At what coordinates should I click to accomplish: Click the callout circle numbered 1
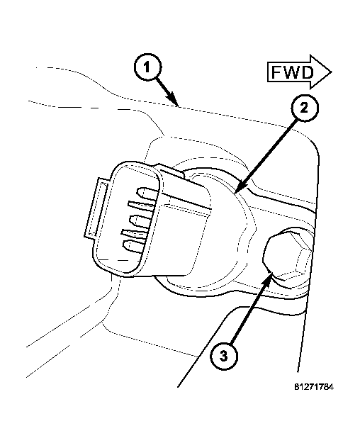click(147, 68)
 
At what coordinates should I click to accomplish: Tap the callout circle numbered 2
click(304, 108)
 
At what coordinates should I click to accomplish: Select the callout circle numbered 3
click(223, 356)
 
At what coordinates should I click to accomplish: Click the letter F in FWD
click(277, 72)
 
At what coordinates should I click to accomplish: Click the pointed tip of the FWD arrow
click(331, 72)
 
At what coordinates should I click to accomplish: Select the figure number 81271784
click(314, 387)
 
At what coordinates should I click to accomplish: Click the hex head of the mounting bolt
click(286, 254)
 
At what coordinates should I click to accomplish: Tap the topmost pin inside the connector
click(147, 193)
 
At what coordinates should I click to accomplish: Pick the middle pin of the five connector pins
click(140, 220)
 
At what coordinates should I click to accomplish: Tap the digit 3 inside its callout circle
click(223, 356)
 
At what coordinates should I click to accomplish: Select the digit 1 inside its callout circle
click(147, 68)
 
